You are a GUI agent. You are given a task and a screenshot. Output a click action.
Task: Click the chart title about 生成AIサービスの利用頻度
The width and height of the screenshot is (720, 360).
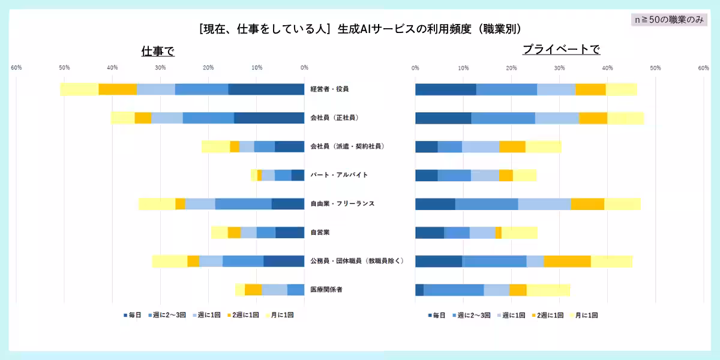click(360, 28)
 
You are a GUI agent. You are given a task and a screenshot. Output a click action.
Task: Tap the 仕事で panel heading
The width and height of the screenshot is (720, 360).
click(158, 51)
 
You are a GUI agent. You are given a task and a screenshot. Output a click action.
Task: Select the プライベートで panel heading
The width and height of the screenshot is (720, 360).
click(561, 50)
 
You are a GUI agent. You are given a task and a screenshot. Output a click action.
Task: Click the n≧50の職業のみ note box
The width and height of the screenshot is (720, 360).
click(669, 20)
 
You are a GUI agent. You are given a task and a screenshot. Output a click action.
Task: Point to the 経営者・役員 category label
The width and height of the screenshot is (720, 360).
click(329, 89)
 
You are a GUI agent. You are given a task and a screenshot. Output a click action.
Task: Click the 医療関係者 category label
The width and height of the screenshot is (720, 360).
click(326, 290)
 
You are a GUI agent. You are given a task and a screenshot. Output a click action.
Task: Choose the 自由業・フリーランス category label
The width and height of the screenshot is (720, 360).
click(343, 203)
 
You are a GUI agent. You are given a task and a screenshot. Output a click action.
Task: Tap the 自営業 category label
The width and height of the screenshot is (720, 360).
click(320, 232)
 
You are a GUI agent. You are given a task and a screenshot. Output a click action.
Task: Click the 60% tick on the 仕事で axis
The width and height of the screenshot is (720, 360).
click(16, 67)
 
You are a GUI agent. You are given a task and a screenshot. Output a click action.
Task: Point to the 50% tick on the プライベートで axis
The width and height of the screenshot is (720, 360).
click(655, 67)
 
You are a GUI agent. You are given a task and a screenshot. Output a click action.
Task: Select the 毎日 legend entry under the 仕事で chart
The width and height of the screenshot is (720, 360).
click(133, 314)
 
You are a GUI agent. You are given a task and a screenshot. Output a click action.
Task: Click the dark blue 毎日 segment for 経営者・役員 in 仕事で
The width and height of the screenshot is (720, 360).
click(266, 89)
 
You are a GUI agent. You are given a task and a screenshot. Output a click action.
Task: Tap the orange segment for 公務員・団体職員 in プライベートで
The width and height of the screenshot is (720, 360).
click(567, 261)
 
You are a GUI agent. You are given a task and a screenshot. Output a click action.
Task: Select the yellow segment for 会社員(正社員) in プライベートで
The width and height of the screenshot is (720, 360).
click(625, 118)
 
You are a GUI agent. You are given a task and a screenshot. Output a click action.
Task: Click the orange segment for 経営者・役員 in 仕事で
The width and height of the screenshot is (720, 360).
click(118, 89)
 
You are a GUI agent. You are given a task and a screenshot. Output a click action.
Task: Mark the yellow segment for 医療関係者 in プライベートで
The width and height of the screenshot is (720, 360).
click(548, 290)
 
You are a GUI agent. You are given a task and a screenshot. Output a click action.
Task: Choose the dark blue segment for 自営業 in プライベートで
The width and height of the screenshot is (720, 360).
click(430, 232)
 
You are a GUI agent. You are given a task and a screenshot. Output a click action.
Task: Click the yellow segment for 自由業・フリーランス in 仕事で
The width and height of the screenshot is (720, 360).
click(157, 203)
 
